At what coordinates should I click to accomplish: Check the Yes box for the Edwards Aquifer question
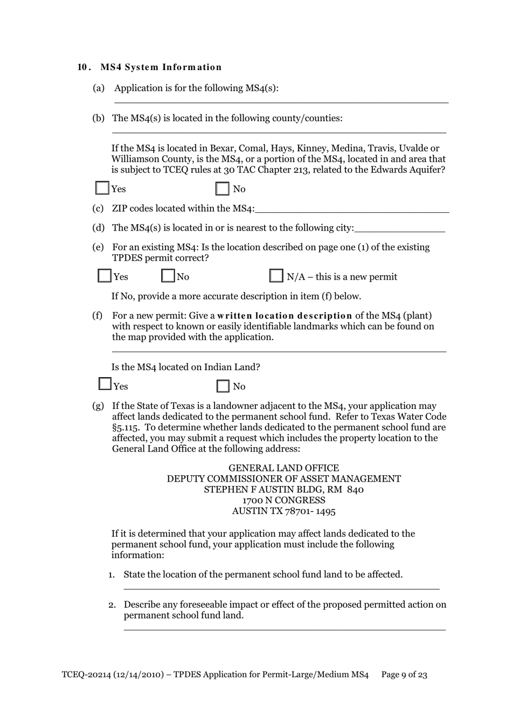click(102, 188)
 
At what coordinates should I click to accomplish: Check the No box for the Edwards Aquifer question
click(222, 189)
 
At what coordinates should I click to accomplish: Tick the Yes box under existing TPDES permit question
click(105, 276)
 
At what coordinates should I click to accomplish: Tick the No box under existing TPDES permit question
click(168, 276)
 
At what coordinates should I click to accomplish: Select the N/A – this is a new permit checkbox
click(276, 276)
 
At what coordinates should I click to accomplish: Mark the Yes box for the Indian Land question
click(105, 384)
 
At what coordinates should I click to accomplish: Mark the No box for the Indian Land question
click(223, 386)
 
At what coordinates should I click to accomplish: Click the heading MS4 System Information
click(161, 67)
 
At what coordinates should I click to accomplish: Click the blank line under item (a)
click(281, 100)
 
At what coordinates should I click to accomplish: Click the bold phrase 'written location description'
click(285, 316)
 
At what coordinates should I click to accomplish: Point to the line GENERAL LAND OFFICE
click(283, 468)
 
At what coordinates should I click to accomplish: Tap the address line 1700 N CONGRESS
click(283, 500)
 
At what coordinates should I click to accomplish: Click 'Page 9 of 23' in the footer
click(404, 675)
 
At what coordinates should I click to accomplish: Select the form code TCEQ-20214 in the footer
click(85, 675)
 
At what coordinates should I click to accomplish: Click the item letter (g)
click(98, 406)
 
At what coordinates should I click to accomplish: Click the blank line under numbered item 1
click(281, 588)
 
